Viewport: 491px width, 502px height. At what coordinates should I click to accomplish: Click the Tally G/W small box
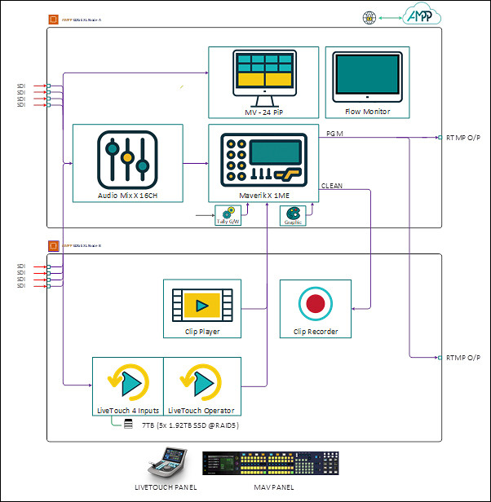coord(226,215)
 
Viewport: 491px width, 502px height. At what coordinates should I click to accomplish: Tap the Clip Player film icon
coord(203,305)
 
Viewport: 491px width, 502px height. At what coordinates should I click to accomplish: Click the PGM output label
coord(334,133)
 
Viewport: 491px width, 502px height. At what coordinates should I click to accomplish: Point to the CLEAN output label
coord(332,187)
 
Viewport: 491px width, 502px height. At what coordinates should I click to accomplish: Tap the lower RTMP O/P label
coord(463,358)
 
